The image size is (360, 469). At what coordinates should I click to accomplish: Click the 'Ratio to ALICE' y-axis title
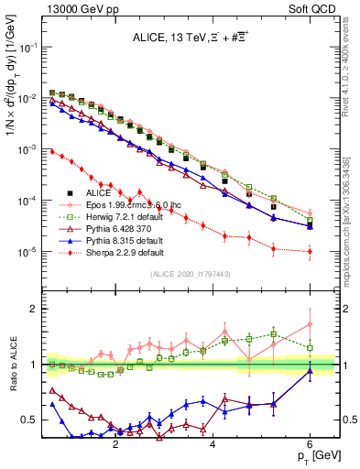12,365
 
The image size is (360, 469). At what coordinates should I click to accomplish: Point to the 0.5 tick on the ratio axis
30,420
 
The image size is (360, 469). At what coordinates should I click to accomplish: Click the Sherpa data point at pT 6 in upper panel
311,251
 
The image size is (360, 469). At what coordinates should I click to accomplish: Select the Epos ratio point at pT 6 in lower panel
311,324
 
